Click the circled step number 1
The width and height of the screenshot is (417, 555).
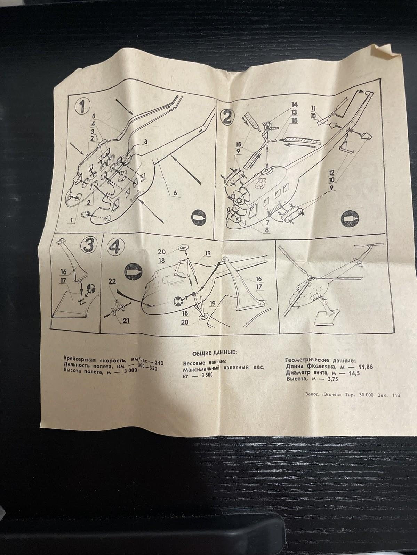[82, 107]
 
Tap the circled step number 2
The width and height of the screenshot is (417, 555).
[227, 117]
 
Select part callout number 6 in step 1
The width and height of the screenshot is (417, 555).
[176, 193]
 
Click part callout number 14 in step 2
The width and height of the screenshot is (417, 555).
[294, 104]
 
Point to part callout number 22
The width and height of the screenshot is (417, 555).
[112, 281]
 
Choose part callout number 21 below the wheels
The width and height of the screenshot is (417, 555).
[126, 321]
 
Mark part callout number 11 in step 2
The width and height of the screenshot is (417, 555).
[313, 109]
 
